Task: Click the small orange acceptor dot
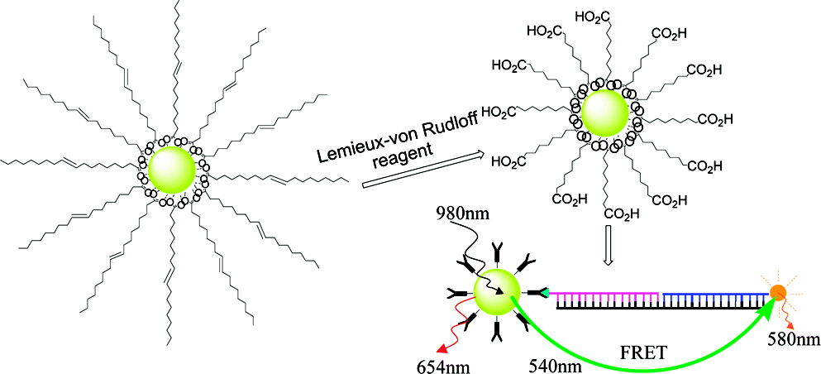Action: (x=777, y=292)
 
